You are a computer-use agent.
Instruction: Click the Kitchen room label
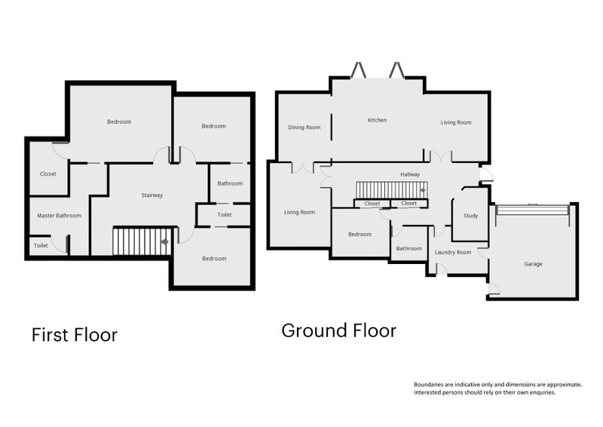(378, 120)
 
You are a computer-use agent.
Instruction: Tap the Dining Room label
(305, 127)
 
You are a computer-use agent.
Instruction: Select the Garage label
(533, 264)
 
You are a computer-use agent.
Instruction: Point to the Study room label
(470, 216)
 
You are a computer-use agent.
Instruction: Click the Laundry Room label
(453, 253)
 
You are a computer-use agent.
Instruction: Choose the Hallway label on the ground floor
(410, 175)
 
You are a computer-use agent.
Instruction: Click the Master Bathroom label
(60, 216)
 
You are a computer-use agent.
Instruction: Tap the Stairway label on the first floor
(152, 195)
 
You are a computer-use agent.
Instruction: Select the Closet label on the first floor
(48, 174)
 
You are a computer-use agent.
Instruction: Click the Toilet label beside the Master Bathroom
(41, 246)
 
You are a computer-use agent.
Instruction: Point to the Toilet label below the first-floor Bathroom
(225, 215)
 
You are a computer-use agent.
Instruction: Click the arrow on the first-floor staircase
(164, 242)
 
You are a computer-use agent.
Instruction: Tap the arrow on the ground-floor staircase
(423, 190)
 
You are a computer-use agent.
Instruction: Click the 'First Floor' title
(75, 335)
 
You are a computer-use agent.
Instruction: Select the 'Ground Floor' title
(338, 330)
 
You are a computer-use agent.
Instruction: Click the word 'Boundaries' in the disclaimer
(428, 384)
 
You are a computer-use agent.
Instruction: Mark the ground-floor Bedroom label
(360, 235)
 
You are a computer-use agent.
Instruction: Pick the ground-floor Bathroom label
(409, 249)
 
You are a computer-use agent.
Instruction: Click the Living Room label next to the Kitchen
(456, 122)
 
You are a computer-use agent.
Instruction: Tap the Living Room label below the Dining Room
(299, 212)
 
